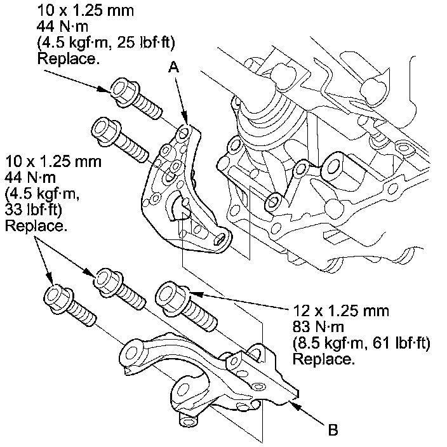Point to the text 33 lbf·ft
pyautogui.click(x=31, y=210)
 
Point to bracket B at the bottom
pyautogui.click(x=210, y=375)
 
